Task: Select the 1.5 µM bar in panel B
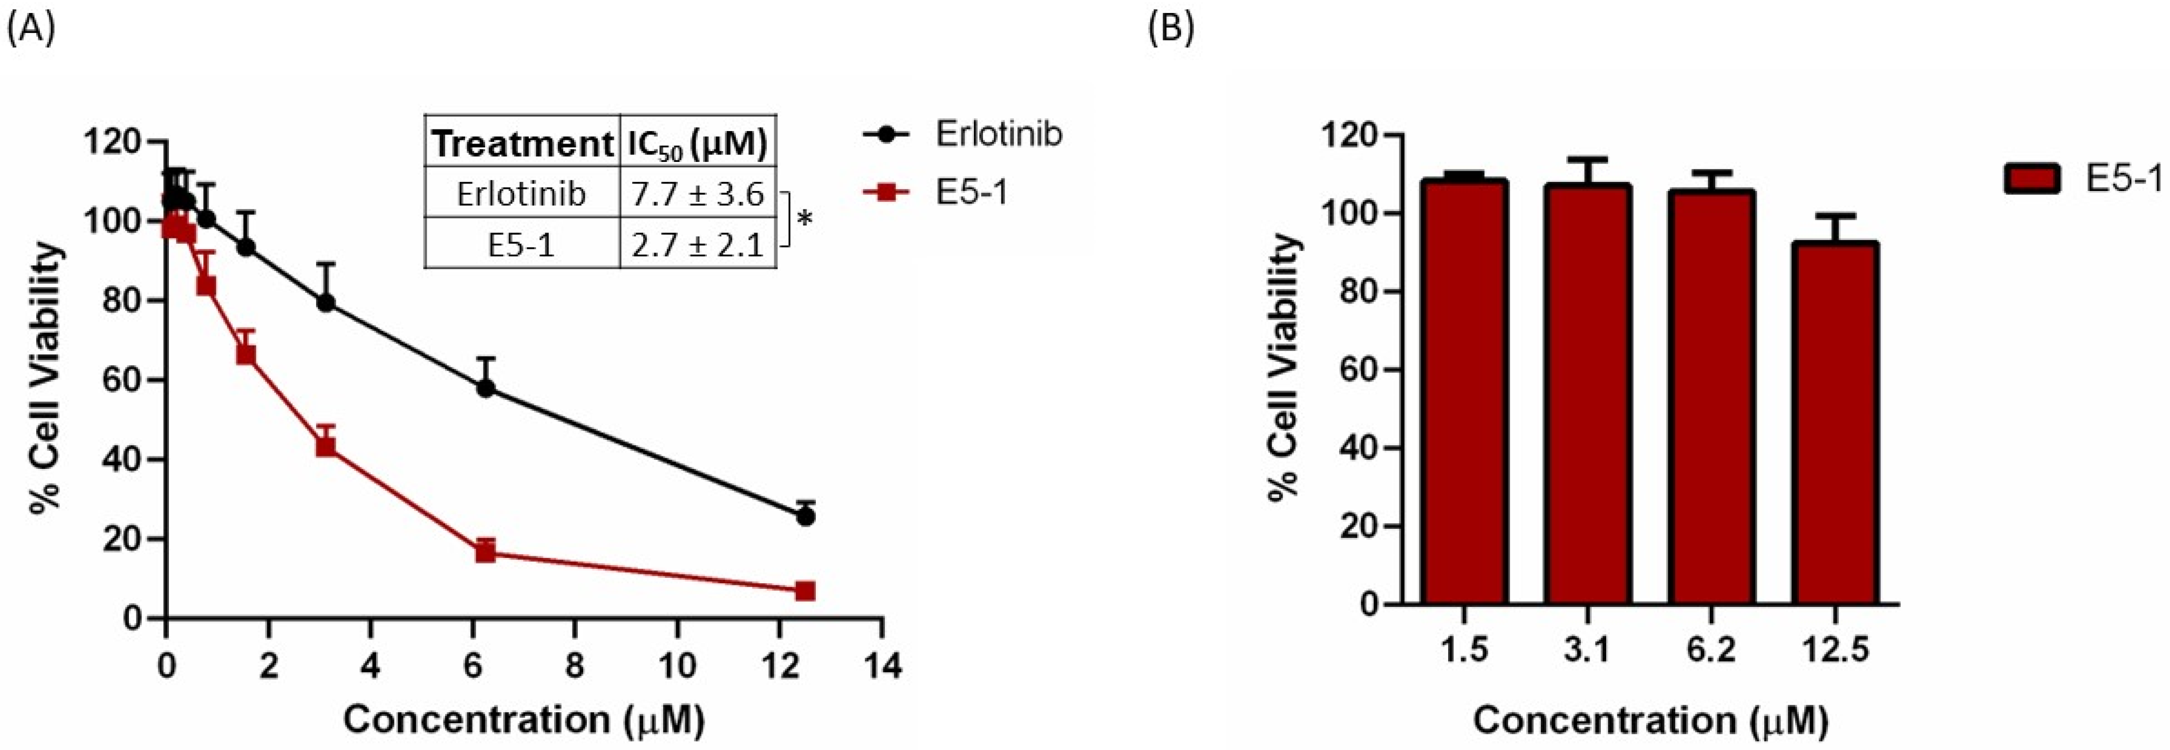(x=1464, y=392)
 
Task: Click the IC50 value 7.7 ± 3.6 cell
(x=697, y=194)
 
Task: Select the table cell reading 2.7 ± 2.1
(x=697, y=244)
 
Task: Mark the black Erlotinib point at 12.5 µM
(x=806, y=516)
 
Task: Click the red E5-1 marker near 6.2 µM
(x=485, y=552)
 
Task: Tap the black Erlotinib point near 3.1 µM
(x=326, y=303)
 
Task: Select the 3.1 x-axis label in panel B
(x=1588, y=650)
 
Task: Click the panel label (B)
(x=1171, y=30)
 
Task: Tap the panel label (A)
(x=31, y=30)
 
